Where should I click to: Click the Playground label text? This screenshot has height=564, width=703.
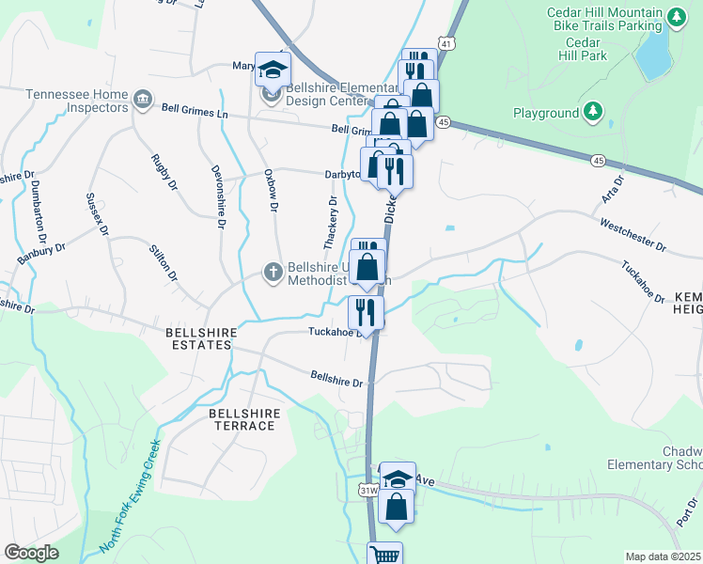pyautogui.click(x=545, y=114)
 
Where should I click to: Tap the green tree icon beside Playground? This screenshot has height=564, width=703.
pyautogui.click(x=592, y=113)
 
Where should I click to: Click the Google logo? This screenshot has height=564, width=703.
pyautogui.click(x=31, y=553)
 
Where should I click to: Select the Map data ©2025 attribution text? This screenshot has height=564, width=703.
pyautogui.click(x=664, y=556)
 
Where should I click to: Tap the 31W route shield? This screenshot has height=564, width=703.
pyautogui.click(x=368, y=490)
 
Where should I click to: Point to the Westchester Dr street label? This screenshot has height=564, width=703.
pyautogui.click(x=633, y=235)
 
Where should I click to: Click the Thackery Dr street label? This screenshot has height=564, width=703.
pyautogui.click(x=331, y=223)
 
